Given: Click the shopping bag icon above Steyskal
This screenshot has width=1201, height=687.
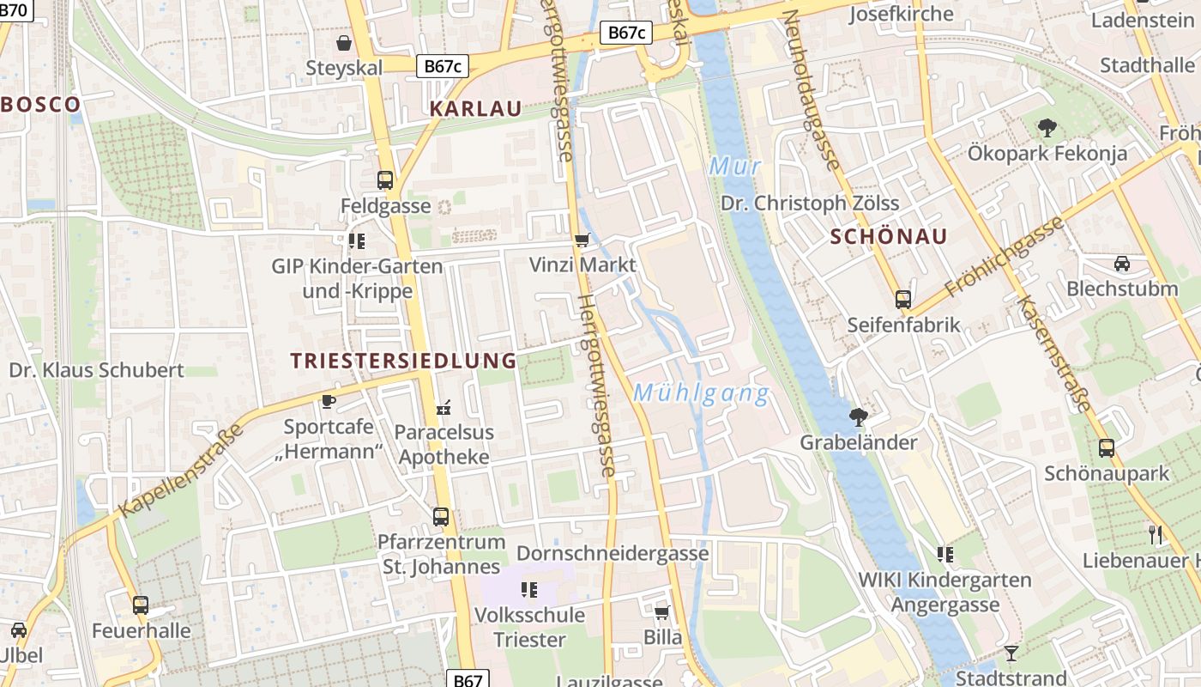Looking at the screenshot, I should click(344, 43).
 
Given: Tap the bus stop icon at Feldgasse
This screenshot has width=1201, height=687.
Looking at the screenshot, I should click(385, 180).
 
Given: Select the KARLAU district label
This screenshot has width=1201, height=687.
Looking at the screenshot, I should click(475, 109).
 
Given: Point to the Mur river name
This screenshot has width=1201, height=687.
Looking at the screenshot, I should click(735, 166).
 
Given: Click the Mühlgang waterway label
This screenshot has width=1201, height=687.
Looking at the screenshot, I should click(701, 394).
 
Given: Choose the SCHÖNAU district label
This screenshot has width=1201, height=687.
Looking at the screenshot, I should click(889, 237).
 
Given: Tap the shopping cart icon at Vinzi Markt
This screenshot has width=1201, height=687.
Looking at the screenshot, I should click(582, 240).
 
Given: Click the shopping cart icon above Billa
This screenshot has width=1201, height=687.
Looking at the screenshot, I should click(661, 612).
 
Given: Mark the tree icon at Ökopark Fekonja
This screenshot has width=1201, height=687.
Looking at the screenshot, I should click(1047, 129).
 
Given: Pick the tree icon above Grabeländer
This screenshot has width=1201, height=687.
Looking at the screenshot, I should click(857, 417).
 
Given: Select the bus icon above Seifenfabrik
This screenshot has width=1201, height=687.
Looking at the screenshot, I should click(903, 300).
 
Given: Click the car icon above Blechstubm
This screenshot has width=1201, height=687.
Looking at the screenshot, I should click(1121, 264).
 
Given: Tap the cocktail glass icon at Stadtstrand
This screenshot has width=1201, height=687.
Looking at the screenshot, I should click(1011, 654).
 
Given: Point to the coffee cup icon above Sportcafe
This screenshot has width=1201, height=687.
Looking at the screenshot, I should click(328, 401).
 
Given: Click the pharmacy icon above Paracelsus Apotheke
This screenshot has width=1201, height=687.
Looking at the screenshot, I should click(444, 407).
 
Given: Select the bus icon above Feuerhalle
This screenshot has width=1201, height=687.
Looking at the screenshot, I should click(141, 605).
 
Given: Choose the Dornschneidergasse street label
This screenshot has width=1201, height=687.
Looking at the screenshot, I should click(613, 553).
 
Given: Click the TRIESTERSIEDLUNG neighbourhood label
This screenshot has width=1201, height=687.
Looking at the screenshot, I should click(403, 361).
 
